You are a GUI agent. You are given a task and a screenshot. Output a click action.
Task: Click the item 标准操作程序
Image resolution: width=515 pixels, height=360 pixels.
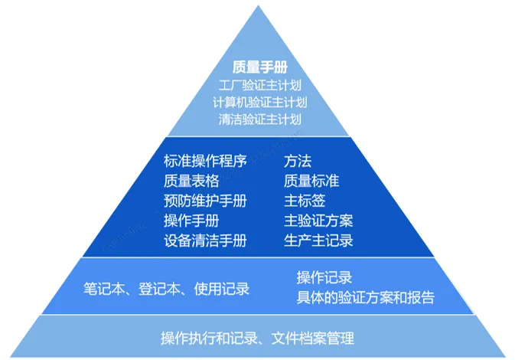pos(205,162)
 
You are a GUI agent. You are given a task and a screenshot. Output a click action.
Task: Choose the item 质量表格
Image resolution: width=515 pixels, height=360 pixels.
pos(191,182)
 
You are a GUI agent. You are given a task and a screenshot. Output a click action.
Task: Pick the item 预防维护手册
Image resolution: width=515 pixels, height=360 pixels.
pos(205,201)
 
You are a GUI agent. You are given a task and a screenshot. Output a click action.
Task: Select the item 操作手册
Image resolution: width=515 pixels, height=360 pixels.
pos(191,221)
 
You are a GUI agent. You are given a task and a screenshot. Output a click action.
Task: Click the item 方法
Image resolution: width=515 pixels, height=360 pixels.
pos(298,162)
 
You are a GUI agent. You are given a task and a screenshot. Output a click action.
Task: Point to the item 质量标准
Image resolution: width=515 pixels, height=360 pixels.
pos(311,182)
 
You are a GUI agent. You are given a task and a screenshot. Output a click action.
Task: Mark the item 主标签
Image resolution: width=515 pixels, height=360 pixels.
pos(305,201)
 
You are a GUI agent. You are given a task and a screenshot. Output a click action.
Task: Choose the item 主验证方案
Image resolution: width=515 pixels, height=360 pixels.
pos(318,221)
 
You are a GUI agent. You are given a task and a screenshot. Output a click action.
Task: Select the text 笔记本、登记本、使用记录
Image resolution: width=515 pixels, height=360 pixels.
pos(166,289)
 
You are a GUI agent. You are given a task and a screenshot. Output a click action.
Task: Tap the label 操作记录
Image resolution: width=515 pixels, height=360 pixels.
pos(324,278)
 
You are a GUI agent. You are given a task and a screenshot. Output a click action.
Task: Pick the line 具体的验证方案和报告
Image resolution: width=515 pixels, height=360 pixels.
pos(365,298)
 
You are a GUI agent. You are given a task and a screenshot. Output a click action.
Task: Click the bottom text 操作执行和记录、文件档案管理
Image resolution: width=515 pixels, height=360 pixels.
pos(258,338)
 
